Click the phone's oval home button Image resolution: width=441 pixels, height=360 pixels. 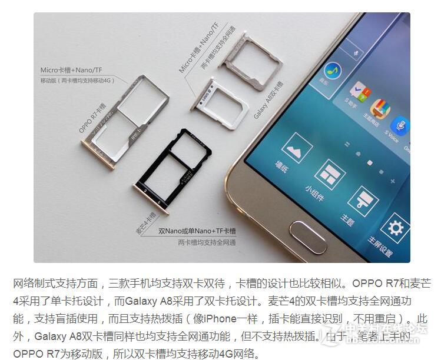(x=308, y=237)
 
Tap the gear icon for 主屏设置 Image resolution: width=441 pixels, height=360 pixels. (x=394, y=228)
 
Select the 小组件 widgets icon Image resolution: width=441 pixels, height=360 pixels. (x=329, y=173)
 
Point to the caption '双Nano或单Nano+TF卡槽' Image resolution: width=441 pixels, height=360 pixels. (x=197, y=231)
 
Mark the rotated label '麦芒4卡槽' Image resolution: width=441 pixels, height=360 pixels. (x=145, y=224)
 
